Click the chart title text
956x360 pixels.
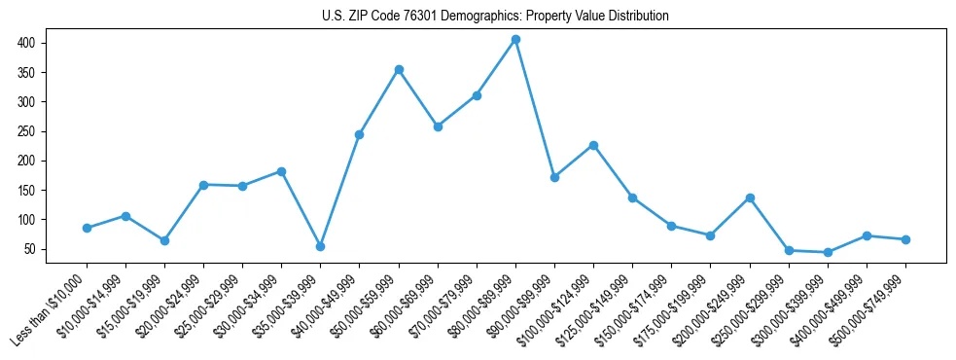(x=495, y=16)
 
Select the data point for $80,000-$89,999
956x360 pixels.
(x=515, y=40)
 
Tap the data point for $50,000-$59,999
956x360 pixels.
(x=399, y=70)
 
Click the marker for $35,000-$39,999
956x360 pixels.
(x=320, y=246)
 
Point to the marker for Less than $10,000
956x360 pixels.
(x=87, y=228)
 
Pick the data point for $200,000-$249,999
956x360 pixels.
(x=750, y=198)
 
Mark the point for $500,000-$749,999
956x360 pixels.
(x=905, y=239)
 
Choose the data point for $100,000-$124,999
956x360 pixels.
(x=593, y=145)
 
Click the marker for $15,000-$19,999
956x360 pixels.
(x=164, y=240)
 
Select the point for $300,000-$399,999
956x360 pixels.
(x=828, y=252)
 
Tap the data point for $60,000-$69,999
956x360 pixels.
(x=438, y=126)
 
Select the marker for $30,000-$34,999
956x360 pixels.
(x=281, y=171)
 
